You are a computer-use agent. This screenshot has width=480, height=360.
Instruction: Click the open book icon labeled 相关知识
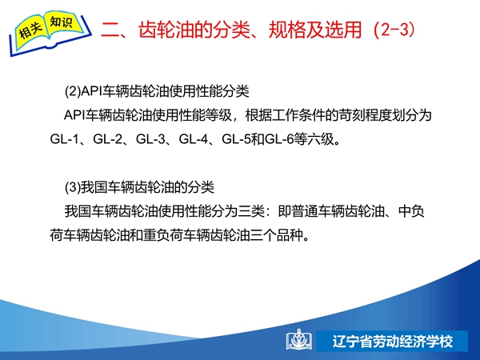coord(50,33)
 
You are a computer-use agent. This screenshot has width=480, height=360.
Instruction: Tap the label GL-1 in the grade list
coord(64,139)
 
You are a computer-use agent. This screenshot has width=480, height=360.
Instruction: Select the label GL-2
coord(107,139)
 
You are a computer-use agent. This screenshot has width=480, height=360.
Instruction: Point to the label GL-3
coord(150,139)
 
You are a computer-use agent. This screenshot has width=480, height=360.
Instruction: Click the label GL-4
coord(193,139)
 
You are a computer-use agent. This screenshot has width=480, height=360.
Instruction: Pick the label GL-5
coord(236,139)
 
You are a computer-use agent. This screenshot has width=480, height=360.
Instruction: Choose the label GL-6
coord(279,139)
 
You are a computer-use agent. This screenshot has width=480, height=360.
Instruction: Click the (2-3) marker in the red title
coord(394,30)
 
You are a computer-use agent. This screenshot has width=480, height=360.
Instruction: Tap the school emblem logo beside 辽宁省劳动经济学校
coord(299,339)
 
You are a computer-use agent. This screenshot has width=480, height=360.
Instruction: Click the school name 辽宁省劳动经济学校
coord(393,342)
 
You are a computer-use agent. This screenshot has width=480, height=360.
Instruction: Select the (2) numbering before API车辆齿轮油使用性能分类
coord(73,91)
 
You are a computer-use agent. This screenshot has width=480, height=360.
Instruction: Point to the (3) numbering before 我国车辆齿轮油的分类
coord(73,187)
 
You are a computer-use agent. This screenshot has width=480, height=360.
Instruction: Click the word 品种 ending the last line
coord(290,235)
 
